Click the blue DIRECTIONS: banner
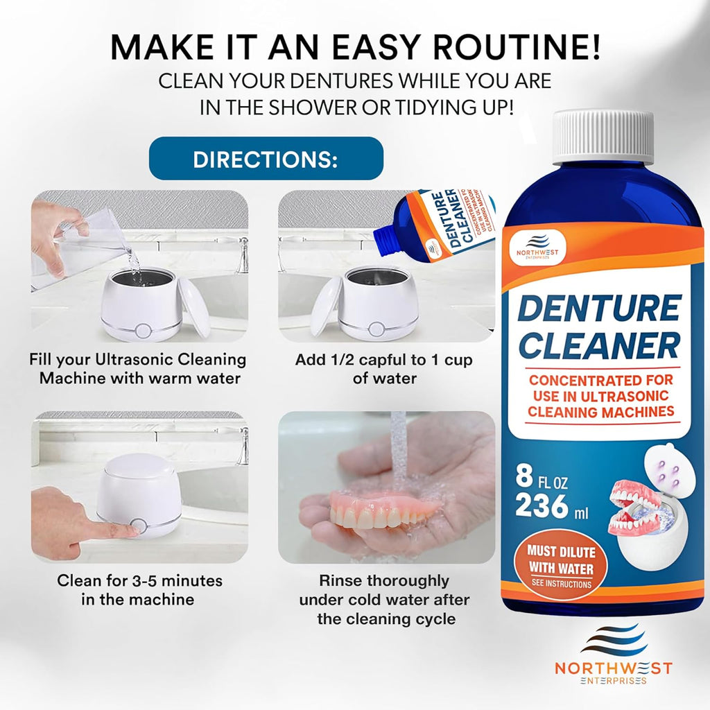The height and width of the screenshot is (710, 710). [x=266, y=159]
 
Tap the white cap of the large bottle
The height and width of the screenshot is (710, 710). [x=603, y=137]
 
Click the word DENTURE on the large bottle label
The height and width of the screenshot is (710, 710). [x=600, y=307]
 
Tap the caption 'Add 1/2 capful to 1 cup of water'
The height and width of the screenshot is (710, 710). [x=386, y=369]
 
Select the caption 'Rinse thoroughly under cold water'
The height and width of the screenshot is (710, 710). [x=384, y=599]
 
